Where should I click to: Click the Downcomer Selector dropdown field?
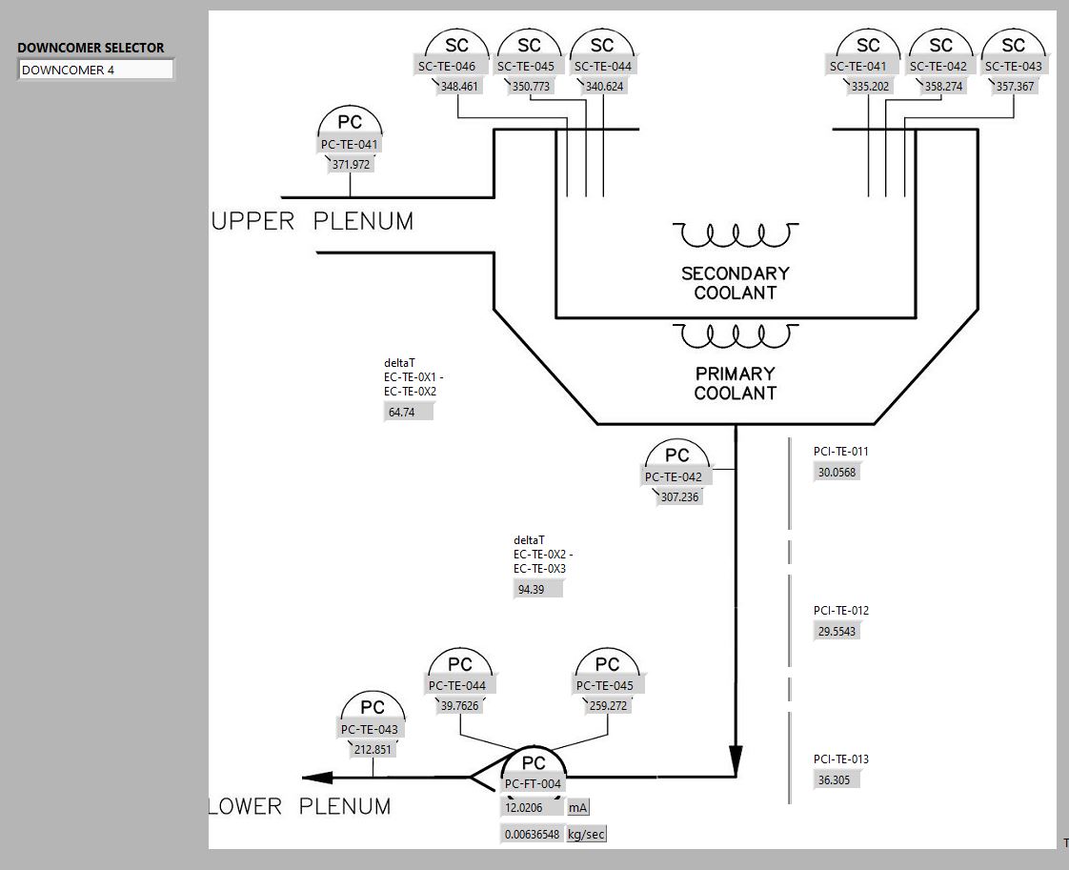pos(96,70)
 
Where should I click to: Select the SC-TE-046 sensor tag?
pos(454,66)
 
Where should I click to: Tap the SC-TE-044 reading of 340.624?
pos(604,86)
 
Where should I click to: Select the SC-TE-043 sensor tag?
pos(1014,66)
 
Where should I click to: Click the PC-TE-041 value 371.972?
pos(351,164)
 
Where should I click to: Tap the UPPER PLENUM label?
pos(313,221)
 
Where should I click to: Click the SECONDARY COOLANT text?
pos(735,283)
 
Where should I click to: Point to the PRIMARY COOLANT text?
pos(735,383)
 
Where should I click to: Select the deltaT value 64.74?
pos(408,413)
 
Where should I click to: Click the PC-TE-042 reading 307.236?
pos(678,496)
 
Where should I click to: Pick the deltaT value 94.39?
pos(537,590)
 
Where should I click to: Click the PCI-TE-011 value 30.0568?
pos(837,473)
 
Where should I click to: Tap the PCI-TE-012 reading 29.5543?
pos(837,632)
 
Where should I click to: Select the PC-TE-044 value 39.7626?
pos(460,706)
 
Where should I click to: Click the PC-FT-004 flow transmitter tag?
pos(534,783)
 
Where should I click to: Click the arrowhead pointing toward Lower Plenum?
pos(318,778)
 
